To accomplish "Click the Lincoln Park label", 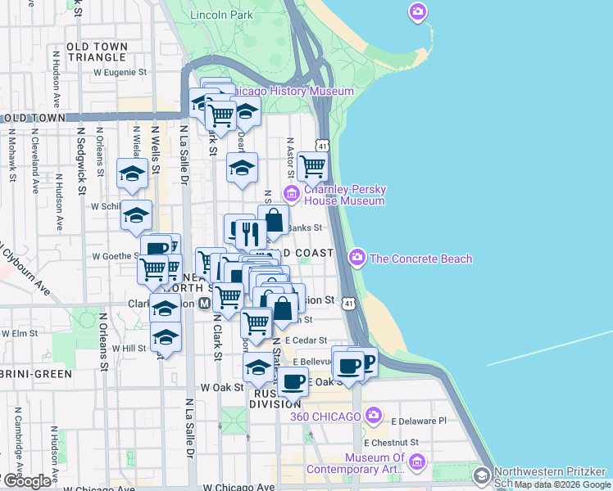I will (x=220, y=15).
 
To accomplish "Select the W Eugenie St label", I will (x=120, y=72).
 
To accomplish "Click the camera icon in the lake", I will (x=418, y=11).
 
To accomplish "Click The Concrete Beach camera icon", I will (x=356, y=258).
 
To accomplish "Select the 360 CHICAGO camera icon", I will (x=374, y=416).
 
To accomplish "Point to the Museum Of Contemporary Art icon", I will (x=417, y=463).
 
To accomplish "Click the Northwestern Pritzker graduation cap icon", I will (x=482, y=475).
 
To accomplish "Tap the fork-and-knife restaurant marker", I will (x=251, y=234).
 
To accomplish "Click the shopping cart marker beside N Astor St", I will (x=312, y=166).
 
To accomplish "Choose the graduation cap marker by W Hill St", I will (x=166, y=337).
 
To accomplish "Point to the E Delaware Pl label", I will (x=418, y=421).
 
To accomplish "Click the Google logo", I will (x=27, y=481).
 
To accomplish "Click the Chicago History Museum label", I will (x=290, y=92).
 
